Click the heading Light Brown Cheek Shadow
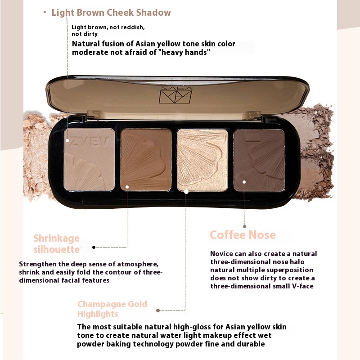click(x=111, y=13)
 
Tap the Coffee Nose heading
click(x=243, y=235)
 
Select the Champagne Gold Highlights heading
click(x=112, y=309)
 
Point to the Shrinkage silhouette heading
click(x=57, y=243)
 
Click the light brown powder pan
click(x=89, y=159)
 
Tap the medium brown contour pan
click(x=146, y=160)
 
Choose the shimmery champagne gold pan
click(x=202, y=160)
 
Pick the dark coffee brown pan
click(x=259, y=160)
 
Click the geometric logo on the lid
click(x=175, y=95)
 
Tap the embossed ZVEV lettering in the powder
click(x=89, y=141)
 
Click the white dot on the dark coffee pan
click(x=244, y=182)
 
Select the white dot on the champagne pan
click(x=186, y=192)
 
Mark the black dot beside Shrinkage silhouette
click(x=94, y=247)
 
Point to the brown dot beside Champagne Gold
click(x=158, y=310)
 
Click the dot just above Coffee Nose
click(x=244, y=227)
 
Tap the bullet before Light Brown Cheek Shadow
click(x=45, y=12)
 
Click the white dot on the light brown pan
click(x=67, y=140)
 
